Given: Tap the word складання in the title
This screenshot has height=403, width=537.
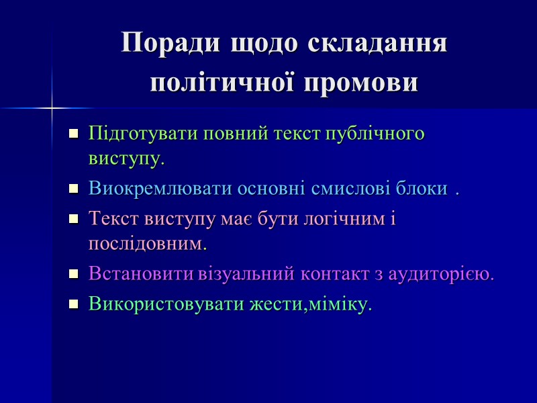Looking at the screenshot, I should coord(377,44).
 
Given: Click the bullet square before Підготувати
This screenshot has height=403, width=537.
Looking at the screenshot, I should coord(74,133).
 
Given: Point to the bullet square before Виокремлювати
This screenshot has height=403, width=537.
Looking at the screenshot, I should coord(74,190).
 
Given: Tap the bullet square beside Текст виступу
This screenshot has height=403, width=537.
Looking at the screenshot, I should coord(74,219).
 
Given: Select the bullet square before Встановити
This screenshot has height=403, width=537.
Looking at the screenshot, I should coord(74,275).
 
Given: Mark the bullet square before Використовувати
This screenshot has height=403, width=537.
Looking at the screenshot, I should coord(74,305).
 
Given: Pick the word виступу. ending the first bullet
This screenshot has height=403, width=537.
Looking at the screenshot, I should coord(126,160).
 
